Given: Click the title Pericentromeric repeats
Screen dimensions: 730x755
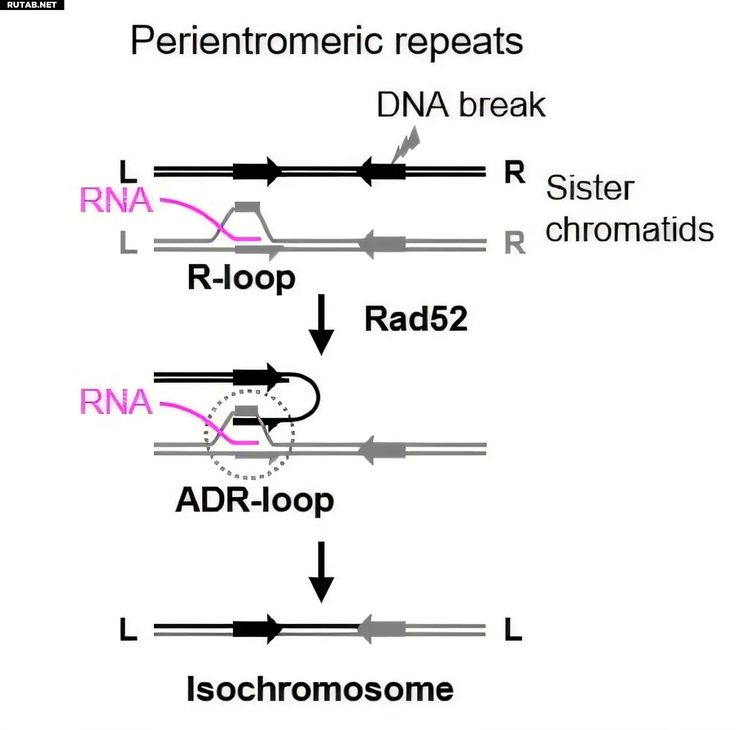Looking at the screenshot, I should (326, 41).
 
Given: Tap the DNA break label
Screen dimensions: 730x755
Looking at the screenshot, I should (461, 105).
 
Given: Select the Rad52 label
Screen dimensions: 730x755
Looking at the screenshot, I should (416, 319).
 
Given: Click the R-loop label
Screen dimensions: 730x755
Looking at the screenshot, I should (241, 278).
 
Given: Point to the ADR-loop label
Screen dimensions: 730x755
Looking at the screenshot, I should (255, 501).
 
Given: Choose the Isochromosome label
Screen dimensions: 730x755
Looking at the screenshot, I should (320, 689).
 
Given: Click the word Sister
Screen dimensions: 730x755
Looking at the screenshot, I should (589, 188).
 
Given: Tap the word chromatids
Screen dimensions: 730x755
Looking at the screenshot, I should (629, 229).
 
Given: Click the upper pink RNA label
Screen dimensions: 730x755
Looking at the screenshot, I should (116, 200).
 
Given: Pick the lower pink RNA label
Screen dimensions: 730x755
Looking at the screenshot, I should (116, 402).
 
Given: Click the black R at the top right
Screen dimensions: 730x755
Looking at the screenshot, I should (514, 173).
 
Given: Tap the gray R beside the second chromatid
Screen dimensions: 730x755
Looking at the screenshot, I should (514, 243).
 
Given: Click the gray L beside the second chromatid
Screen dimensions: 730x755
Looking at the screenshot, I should (128, 242).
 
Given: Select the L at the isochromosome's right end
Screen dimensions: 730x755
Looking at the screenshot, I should (513, 630).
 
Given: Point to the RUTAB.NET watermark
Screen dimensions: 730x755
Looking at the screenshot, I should (32, 5).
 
